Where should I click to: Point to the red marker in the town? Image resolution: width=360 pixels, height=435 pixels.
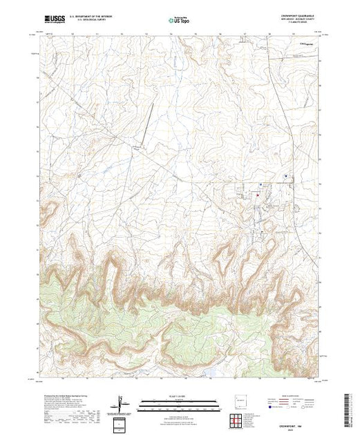tap(258, 194)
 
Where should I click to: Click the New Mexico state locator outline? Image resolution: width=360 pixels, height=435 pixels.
tap(239, 399)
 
